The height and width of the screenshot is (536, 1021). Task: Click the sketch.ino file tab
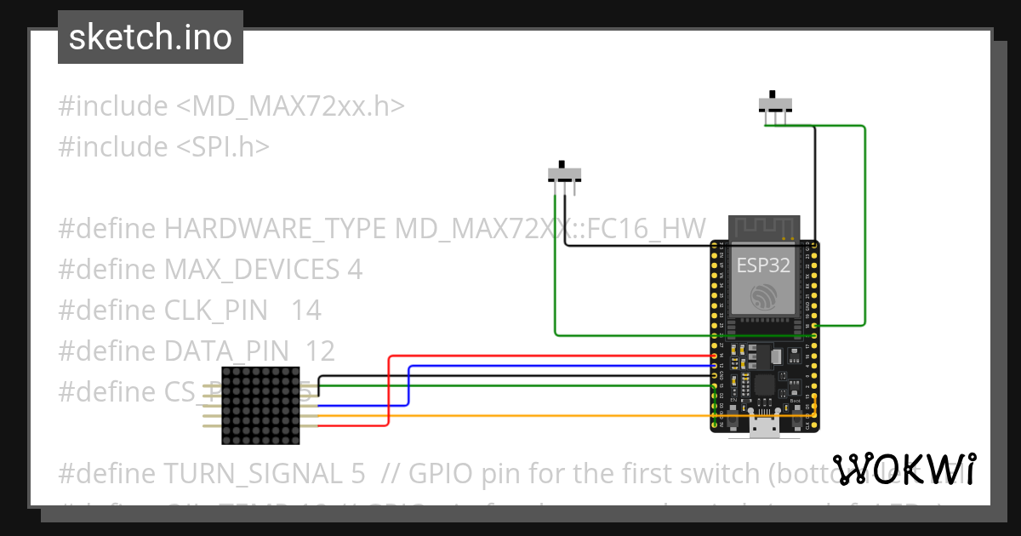click(151, 37)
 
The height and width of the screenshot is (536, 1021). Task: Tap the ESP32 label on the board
click(763, 265)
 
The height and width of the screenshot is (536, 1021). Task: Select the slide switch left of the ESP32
click(564, 174)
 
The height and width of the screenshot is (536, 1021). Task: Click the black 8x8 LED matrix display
click(260, 405)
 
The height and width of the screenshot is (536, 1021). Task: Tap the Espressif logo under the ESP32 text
click(763, 295)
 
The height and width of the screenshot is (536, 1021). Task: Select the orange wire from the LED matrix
click(510, 415)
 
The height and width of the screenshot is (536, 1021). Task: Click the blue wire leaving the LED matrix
click(409, 387)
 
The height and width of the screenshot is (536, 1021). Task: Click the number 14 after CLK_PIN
click(306, 311)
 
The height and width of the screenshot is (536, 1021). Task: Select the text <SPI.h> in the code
click(223, 147)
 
